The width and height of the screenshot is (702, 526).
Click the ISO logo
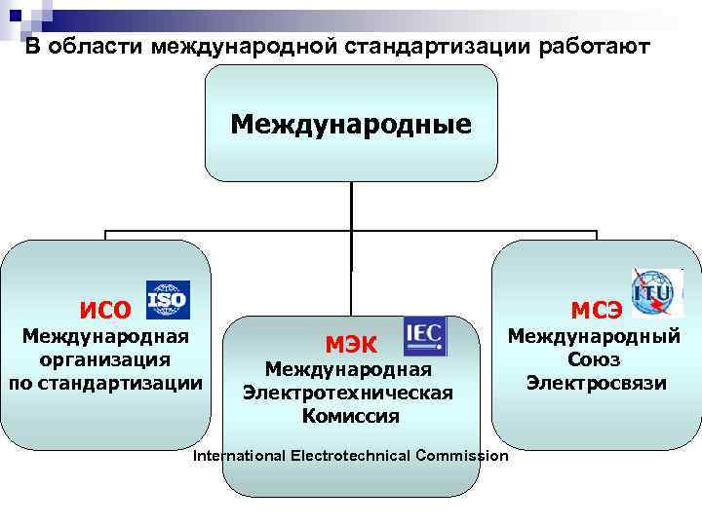[167, 300]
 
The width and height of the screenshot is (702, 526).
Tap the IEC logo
[424, 335]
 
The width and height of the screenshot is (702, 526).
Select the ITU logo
[656, 292]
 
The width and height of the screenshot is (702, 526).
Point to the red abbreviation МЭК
[352, 343]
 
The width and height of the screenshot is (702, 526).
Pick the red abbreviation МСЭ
[597, 311]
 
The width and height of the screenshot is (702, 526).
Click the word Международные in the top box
[351, 124]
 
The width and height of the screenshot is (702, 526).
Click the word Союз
[596, 359]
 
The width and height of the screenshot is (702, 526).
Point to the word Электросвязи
[596, 383]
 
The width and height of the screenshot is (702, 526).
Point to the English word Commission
[461, 456]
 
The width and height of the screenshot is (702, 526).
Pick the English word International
[238, 456]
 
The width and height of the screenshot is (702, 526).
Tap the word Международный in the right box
[596, 337]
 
